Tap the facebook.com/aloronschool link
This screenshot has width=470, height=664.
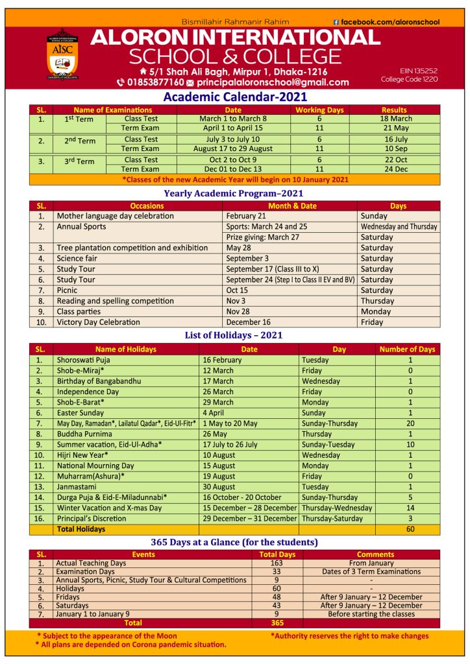tap(390, 22)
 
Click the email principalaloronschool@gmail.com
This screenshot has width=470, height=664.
tap(273, 82)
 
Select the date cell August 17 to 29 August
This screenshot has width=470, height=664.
tap(232, 149)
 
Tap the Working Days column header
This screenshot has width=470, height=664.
tap(319, 110)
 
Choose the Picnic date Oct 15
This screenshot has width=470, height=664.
tap(237, 290)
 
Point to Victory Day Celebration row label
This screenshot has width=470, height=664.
tap(98, 322)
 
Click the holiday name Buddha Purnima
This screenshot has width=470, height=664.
tap(84, 434)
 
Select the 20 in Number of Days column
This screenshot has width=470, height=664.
tap(410, 423)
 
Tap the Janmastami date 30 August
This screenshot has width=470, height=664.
tap(219, 487)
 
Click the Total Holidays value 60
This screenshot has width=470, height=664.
tap(410, 529)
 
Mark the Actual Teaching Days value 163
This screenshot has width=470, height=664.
tap(277, 563)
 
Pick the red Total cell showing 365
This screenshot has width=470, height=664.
tap(277, 622)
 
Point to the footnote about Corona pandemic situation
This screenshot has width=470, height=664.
tap(131, 645)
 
